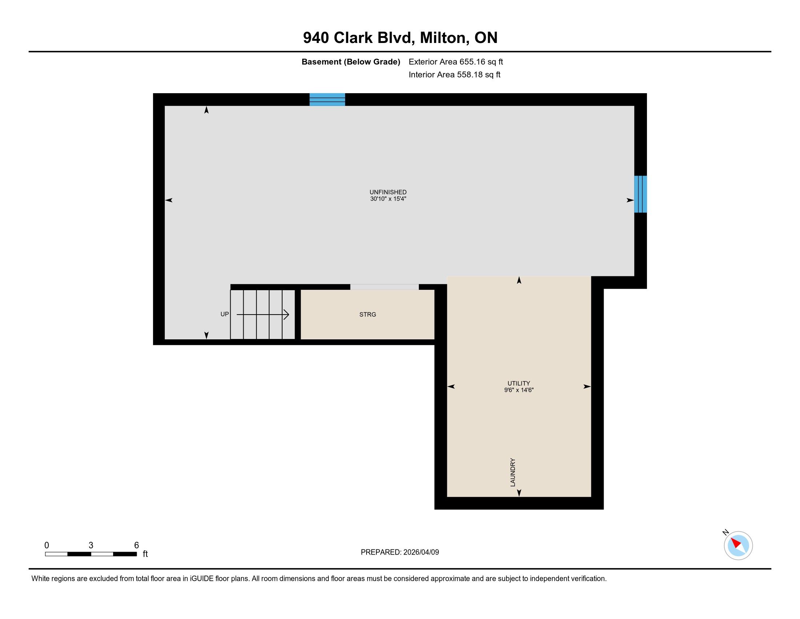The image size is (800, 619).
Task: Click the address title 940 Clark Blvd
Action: (359, 38)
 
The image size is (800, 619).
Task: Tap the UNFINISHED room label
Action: (388, 192)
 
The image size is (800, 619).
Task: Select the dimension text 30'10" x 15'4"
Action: (388, 199)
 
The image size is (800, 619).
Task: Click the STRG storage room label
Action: (368, 314)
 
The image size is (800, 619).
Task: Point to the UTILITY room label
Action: (519, 383)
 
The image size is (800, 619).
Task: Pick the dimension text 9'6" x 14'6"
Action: (519, 390)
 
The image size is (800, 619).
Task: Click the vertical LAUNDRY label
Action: (512, 472)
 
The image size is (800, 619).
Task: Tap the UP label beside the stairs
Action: (224, 314)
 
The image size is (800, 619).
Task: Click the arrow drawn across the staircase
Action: (263, 314)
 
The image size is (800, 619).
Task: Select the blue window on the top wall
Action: (327, 99)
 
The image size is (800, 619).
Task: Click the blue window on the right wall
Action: (640, 194)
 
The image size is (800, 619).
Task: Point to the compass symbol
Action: (738, 545)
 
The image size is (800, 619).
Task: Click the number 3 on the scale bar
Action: (91, 545)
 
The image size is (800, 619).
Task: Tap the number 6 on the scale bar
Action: (136, 545)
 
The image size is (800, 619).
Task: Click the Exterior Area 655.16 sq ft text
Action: (456, 62)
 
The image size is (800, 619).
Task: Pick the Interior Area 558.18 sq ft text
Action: (454, 74)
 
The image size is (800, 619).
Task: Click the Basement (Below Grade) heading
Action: (351, 62)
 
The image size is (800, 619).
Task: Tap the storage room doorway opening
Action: (384, 287)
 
